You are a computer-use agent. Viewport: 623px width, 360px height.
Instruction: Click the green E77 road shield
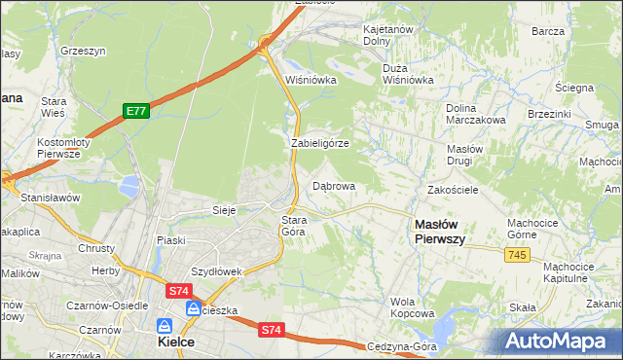click(x=135, y=112)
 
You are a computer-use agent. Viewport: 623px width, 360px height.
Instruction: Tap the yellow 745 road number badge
click(x=517, y=254)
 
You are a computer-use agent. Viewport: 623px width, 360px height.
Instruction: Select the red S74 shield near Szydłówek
click(x=178, y=290)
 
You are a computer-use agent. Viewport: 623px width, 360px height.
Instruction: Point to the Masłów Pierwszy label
click(x=439, y=230)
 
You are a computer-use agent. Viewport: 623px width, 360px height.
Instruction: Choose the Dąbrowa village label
click(x=334, y=185)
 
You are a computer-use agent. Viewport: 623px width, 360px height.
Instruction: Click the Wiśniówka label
click(x=311, y=80)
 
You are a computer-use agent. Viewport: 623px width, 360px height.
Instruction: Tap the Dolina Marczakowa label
click(x=475, y=113)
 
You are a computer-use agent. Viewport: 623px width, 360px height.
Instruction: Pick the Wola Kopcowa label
click(x=412, y=307)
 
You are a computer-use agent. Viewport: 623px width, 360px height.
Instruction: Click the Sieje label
click(x=225, y=209)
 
